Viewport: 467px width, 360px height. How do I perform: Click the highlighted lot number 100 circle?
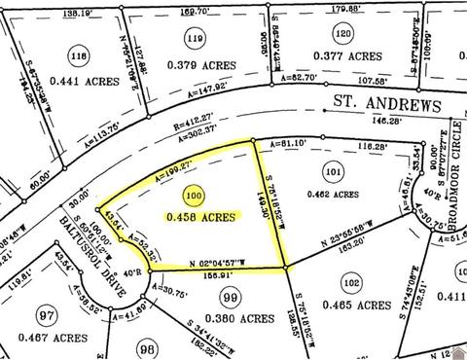197,196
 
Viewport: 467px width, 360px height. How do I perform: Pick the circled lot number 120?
341,34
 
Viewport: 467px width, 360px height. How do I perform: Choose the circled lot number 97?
43,314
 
